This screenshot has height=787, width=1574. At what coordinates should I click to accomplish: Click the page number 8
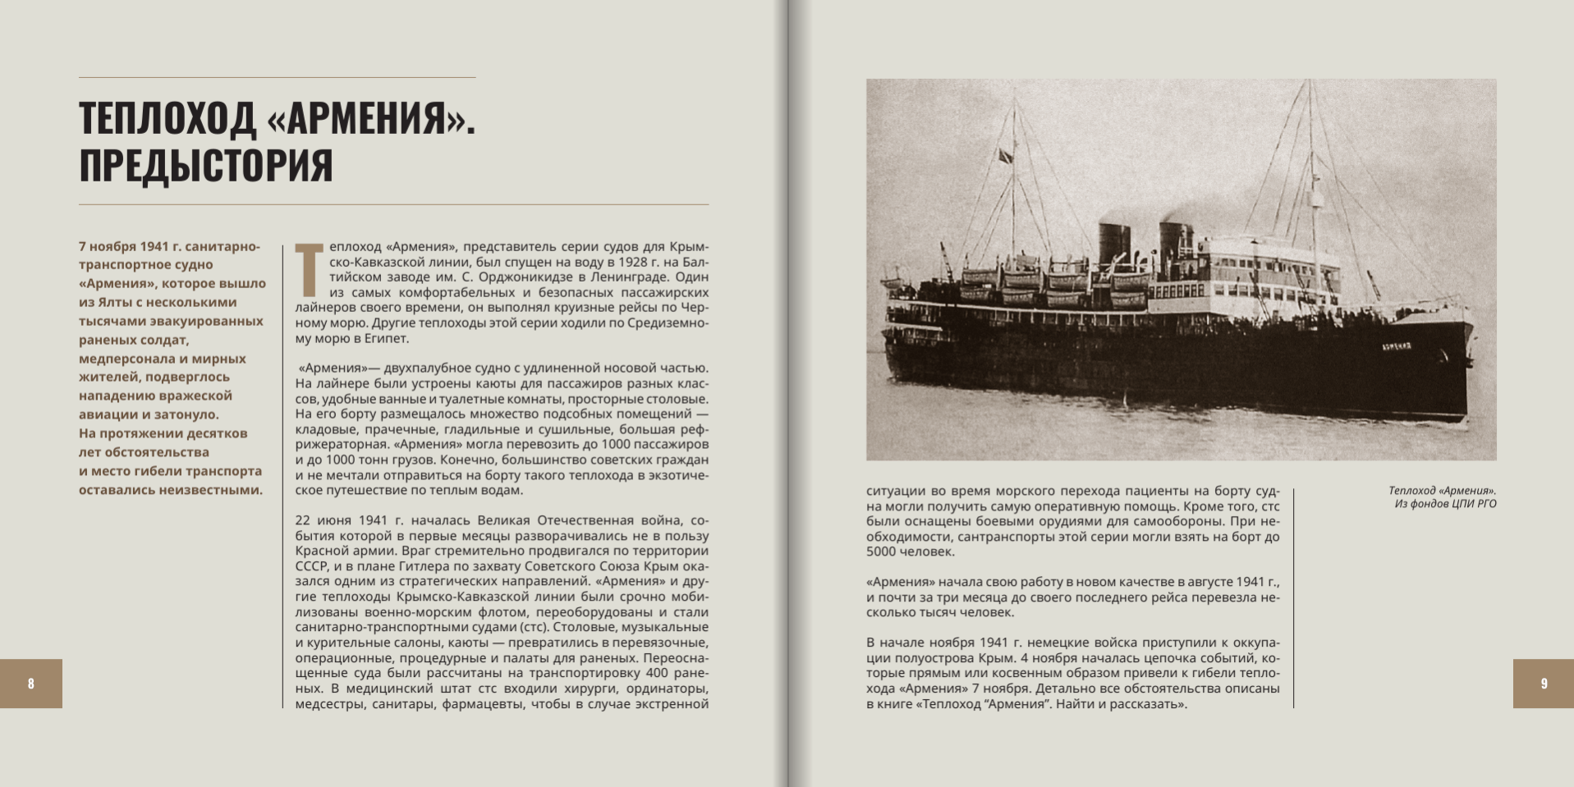coord(30,684)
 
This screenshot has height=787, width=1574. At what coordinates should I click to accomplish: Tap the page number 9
coord(1544,684)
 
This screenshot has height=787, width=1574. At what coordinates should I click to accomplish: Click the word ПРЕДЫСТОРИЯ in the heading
coord(206,165)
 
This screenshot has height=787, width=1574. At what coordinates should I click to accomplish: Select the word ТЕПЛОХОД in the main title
coord(167,119)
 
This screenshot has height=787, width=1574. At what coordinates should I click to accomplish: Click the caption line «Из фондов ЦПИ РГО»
coord(1445,504)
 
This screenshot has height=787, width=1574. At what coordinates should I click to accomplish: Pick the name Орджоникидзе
coord(486,277)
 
